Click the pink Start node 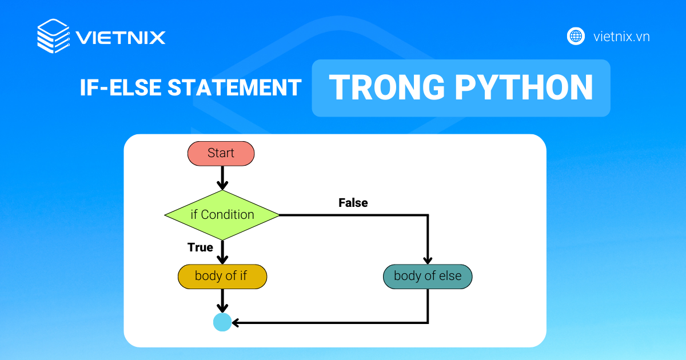pyautogui.click(x=221, y=153)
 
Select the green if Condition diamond pyautogui.click(x=222, y=215)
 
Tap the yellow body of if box pyautogui.click(x=222, y=277)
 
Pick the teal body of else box pyautogui.click(x=428, y=277)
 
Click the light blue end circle pyautogui.click(x=222, y=322)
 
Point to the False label pyautogui.click(x=353, y=203)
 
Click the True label pyautogui.click(x=200, y=247)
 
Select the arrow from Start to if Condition pyautogui.click(x=222, y=178)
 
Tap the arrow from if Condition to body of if pyautogui.click(x=222, y=252)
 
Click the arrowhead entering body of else pyautogui.click(x=428, y=260)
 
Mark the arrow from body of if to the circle pyautogui.click(x=222, y=301)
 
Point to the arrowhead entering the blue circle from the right pyautogui.click(x=236, y=323)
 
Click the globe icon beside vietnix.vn pyautogui.click(x=576, y=36)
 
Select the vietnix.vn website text pyautogui.click(x=621, y=37)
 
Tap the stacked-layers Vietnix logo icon pyautogui.click(x=53, y=36)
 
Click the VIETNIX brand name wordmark pyautogui.click(x=121, y=38)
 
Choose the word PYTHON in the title pyautogui.click(x=524, y=87)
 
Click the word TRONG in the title pyautogui.click(x=387, y=87)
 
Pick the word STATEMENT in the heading pyautogui.click(x=234, y=87)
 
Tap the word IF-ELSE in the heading pyautogui.click(x=121, y=87)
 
